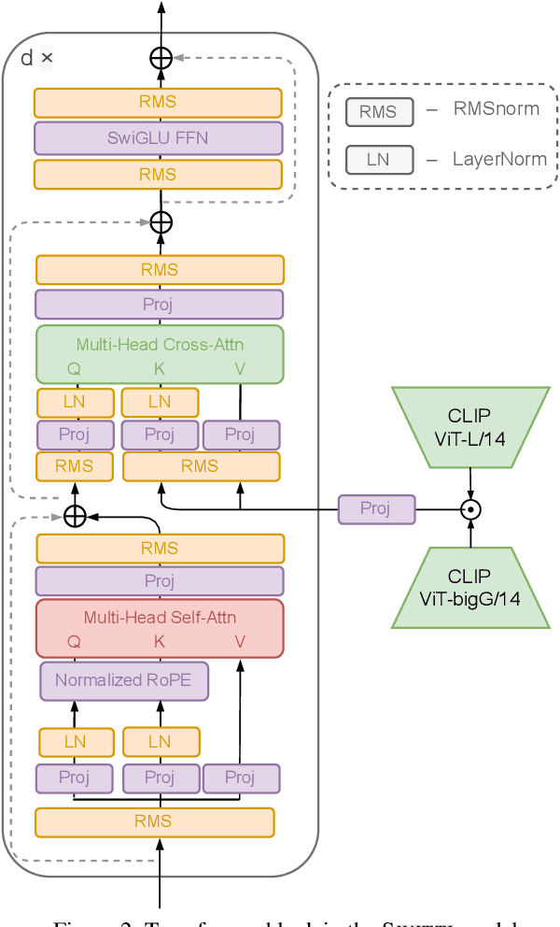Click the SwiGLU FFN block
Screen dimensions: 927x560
[158, 139]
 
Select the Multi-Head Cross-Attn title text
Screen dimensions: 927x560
[160, 344]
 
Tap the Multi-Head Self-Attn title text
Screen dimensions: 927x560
[160, 617]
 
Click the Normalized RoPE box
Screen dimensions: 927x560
[123, 680]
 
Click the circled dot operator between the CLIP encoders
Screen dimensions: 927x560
[470, 508]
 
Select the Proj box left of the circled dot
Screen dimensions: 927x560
[375, 508]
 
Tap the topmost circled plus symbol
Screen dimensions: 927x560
[161, 58]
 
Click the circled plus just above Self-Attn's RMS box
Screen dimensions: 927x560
[74, 515]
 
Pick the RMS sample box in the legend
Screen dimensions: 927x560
[378, 112]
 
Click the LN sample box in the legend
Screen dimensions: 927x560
[378, 160]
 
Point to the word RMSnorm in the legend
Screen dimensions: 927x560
[496, 109]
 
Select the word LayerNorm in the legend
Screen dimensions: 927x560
[499, 159]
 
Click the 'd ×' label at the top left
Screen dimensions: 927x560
[37, 58]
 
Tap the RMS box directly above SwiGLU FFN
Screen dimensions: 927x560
[158, 103]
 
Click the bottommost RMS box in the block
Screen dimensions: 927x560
[154, 821]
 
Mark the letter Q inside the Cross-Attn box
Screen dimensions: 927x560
[74, 369]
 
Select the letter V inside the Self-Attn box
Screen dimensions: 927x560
[240, 641]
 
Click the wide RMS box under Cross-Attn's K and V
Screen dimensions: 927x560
[201, 466]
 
